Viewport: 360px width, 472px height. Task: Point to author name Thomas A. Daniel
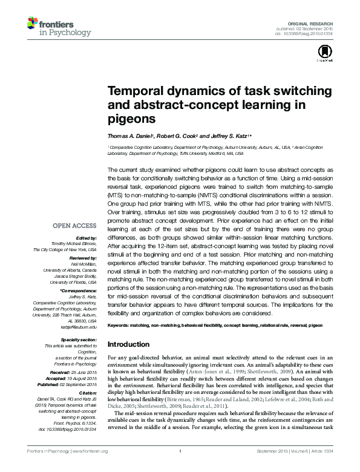click(x=129, y=136)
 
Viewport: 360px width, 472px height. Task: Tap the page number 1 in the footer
click(x=180, y=467)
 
